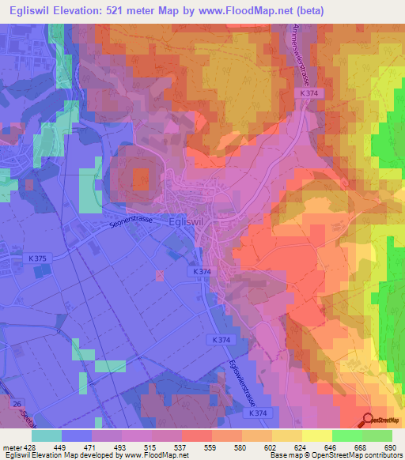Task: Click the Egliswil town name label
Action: coord(187,223)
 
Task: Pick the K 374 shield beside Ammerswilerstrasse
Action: coord(309,93)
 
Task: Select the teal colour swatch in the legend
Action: coord(47,435)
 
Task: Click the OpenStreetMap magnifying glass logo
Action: coord(367,420)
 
